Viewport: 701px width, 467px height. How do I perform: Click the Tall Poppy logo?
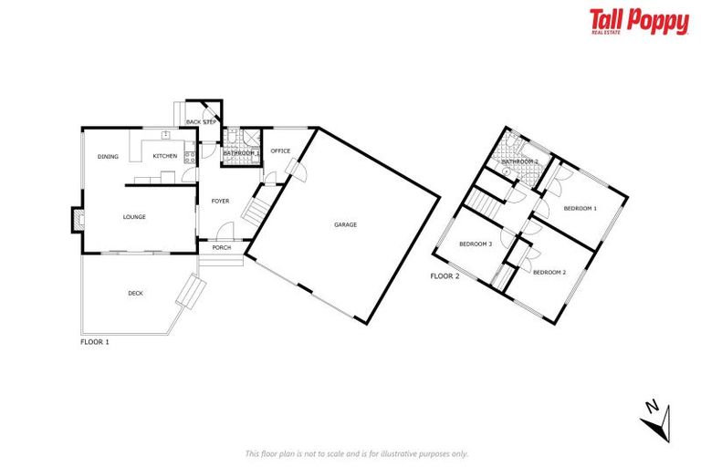(x=638, y=22)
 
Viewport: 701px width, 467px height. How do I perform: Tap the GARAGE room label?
(x=345, y=224)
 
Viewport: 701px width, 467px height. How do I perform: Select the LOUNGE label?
(x=135, y=217)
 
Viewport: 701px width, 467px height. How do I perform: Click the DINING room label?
(x=108, y=157)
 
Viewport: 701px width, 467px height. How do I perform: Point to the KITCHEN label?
(x=164, y=157)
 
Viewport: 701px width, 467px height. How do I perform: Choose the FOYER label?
(x=220, y=201)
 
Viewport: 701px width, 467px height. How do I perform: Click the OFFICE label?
(x=280, y=151)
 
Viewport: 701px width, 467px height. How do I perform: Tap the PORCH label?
(x=221, y=248)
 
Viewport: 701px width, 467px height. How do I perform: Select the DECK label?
(x=135, y=294)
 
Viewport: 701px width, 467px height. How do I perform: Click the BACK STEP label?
(x=199, y=121)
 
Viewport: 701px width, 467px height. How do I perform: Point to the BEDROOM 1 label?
(x=580, y=209)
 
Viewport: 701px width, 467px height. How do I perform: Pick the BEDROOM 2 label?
(x=549, y=273)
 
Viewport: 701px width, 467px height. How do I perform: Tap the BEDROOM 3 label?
(x=476, y=244)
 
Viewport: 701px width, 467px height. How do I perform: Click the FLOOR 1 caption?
(x=95, y=342)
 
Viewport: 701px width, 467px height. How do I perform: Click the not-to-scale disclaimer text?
(x=357, y=453)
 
